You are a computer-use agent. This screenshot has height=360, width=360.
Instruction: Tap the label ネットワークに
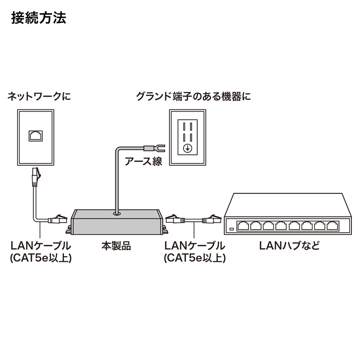pos(40,96)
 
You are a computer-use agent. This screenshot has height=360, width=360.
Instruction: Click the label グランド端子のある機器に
pos(193,96)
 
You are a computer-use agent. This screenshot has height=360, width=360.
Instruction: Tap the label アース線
pos(143,161)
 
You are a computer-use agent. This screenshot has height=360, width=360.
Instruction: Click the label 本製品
pos(116,246)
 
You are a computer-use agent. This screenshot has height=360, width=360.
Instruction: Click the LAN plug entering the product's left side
pos(58,220)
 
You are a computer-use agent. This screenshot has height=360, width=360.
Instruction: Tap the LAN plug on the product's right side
pos(175,220)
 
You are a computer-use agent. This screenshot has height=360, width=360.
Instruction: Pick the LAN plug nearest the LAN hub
pos(211,220)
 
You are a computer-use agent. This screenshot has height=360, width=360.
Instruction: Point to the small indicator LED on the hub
pos(231,229)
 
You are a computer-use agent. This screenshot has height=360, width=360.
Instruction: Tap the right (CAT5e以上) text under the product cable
pos(194,258)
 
